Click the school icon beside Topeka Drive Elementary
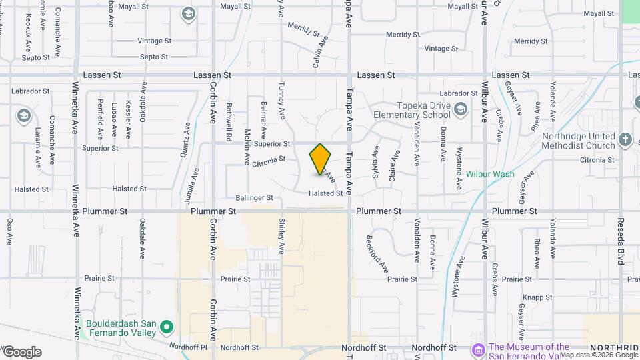point(460,109)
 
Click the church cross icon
point(625,140)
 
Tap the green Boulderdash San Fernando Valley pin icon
point(167,327)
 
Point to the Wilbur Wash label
point(490,174)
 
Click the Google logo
point(21,352)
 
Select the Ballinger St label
point(254,198)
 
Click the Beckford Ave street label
point(377,254)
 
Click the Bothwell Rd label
point(229,121)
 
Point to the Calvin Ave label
point(321,52)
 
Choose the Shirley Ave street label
point(282,237)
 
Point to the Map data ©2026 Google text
point(599,355)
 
